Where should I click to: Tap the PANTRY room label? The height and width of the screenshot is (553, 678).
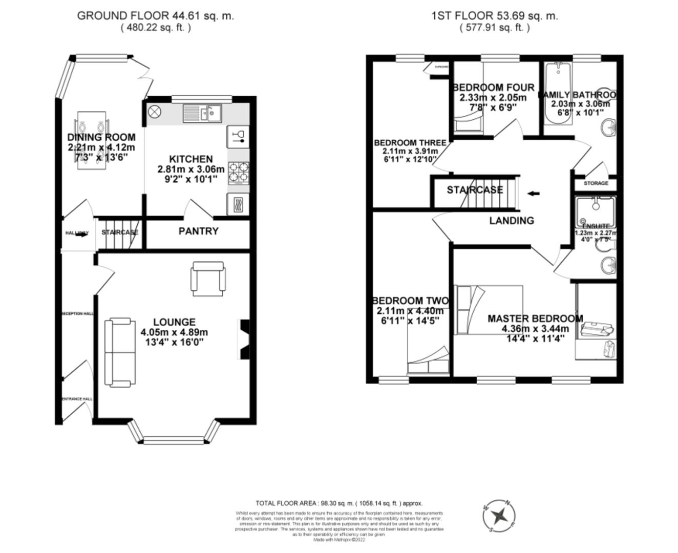tap(198, 231)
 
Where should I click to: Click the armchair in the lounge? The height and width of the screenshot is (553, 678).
tap(207, 279)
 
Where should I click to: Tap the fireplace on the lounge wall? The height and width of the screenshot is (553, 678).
tap(244, 339)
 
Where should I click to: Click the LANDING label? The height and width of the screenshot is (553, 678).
tap(511, 221)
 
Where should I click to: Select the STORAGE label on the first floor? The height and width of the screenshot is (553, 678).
tap(596, 183)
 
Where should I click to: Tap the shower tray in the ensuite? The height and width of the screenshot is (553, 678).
tap(595, 208)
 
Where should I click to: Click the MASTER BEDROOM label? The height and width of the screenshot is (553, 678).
tap(535, 318)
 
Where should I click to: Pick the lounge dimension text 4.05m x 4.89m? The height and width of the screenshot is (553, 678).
tap(174, 332)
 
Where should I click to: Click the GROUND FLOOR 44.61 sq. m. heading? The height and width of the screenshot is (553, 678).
tap(155, 16)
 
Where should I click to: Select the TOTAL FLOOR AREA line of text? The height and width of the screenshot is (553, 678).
tap(339, 503)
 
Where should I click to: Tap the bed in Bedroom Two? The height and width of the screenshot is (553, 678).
tap(428, 342)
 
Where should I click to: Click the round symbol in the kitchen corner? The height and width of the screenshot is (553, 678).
tap(155, 111)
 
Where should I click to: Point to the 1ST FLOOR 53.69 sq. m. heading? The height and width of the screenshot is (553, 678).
tap(495, 16)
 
